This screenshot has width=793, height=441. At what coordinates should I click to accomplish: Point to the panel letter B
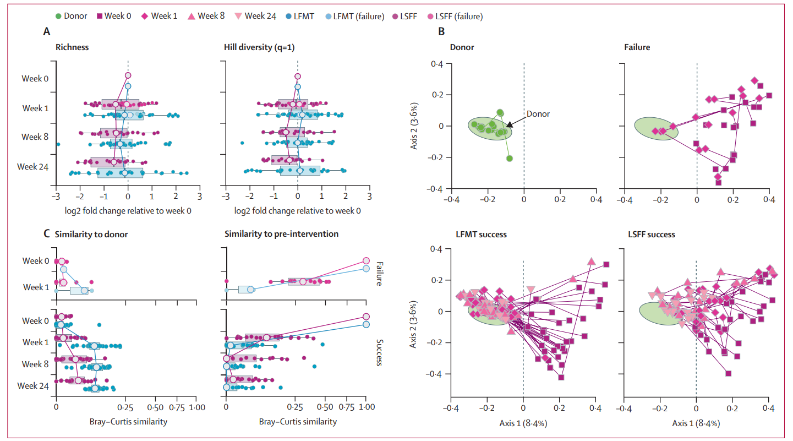[441, 32]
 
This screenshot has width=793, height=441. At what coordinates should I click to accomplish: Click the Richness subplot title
[72, 47]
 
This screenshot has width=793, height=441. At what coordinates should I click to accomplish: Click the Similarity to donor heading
[91, 235]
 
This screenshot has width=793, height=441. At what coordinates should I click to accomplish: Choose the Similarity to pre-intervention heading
[281, 235]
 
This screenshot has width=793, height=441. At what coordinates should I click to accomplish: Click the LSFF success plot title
[652, 235]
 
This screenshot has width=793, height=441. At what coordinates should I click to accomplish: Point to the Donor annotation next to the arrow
[538, 115]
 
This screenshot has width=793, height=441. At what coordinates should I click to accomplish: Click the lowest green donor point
[510, 159]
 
